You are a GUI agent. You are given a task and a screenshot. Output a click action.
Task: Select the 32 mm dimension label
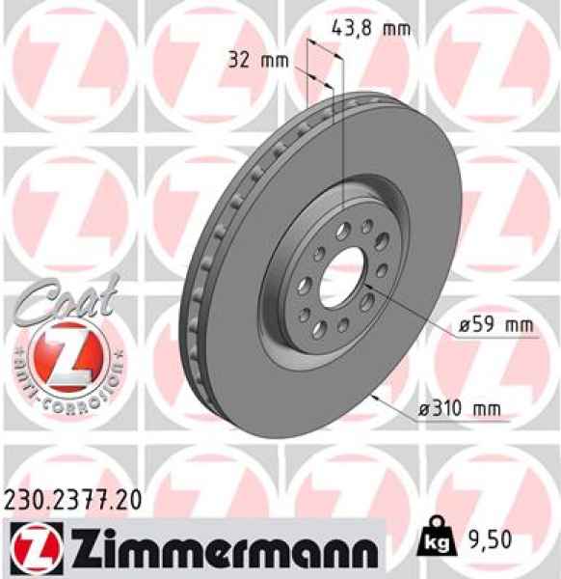coord(261,60)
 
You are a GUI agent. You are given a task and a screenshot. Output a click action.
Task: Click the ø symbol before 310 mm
coord(421,409)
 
